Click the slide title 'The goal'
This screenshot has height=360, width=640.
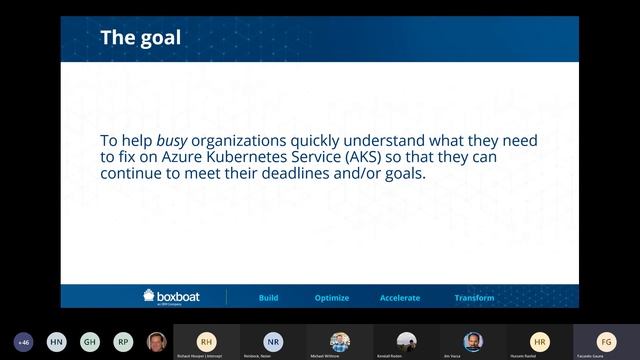[x=140, y=38]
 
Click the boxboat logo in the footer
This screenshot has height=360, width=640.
[x=176, y=297]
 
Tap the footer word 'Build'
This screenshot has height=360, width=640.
[x=268, y=298]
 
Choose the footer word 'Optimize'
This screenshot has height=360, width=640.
[x=331, y=298]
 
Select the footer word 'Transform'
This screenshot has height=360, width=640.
[x=474, y=298]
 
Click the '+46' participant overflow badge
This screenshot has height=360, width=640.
[x=24, y=340]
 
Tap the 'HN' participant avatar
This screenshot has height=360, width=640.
[x=57, y=340]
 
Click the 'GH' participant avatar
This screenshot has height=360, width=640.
[x=90, y=340]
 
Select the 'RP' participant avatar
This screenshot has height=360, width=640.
[x=123, y=340]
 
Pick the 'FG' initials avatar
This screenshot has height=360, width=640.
[x=605, y=340]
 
